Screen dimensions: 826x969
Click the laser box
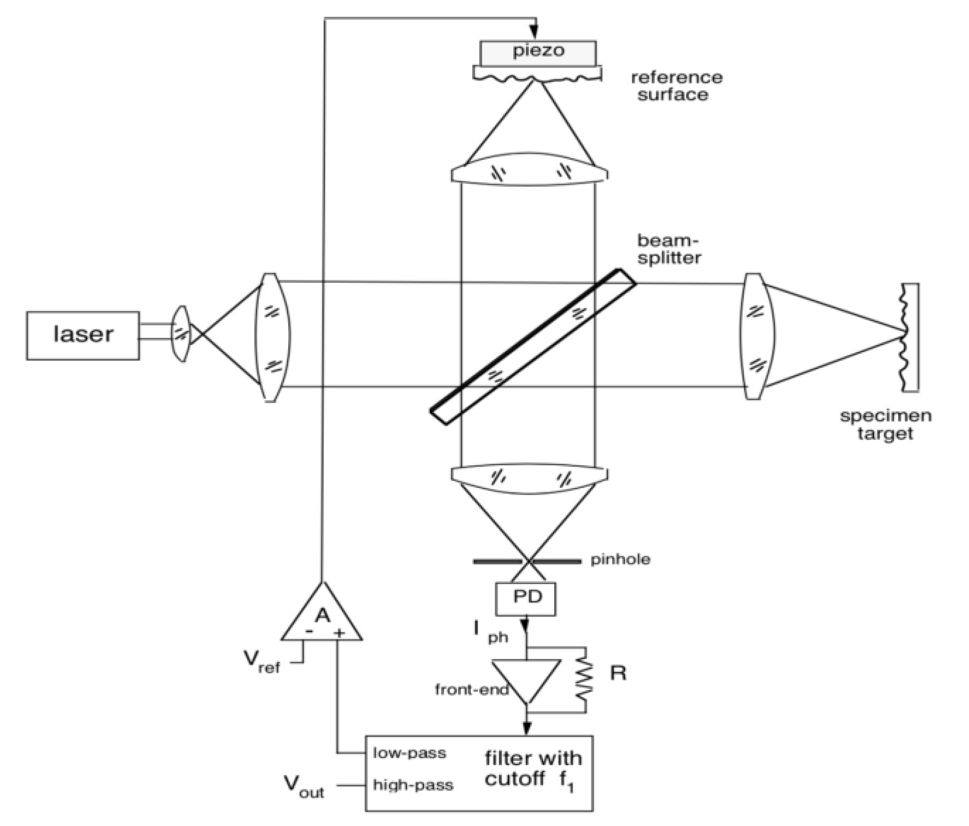click(82, 335)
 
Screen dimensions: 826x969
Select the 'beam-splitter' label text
click(669, 249)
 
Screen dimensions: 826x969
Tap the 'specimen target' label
click(885, 424)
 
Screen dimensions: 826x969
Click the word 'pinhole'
click(620, 560)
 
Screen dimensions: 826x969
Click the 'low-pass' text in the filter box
click(409, 753)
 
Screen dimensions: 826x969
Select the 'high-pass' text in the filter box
click(413, 785)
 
